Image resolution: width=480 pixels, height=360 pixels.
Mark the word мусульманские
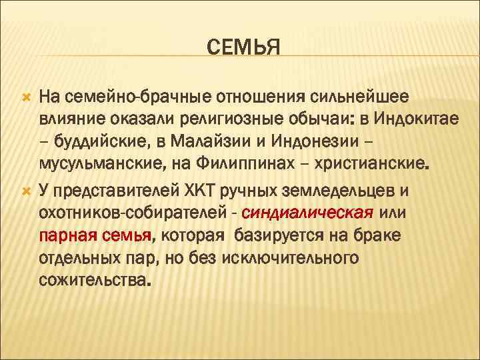pyautogui.click(x=97, y=164)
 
